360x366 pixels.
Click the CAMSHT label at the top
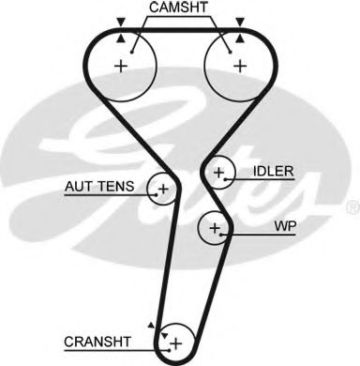(178, 8)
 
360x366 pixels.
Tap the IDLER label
(274, 171)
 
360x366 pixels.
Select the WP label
(285, 226)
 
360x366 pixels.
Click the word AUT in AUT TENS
(77, 187)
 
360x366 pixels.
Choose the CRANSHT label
(97, 342)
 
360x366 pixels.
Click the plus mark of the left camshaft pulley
(121, 67)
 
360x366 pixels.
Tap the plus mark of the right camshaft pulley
(240, 66)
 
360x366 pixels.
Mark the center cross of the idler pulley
(219, 173)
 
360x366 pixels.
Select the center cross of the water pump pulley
(215, 228)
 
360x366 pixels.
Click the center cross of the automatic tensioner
(163, 189)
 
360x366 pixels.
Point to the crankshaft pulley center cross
(176, 343)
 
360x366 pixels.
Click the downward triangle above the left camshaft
(121, 22)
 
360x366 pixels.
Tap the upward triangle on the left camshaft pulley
(121, 38)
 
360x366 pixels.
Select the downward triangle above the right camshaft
(240, 22)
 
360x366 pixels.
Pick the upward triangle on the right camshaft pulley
(240, 38)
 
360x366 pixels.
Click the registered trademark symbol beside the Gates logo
(353, 207)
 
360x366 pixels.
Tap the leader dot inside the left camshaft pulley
(132, 52)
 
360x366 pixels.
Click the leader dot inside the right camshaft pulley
(231, 52)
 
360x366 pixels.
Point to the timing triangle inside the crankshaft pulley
(164, 336)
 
